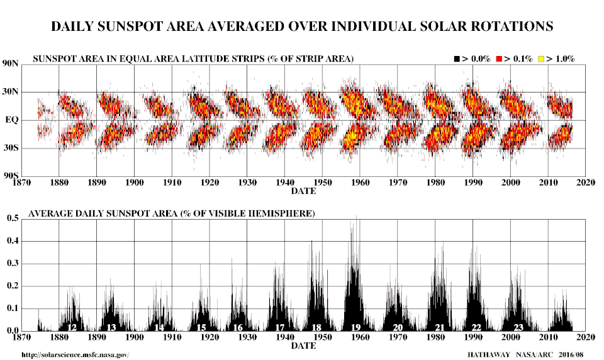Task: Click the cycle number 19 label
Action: tap(355, 327)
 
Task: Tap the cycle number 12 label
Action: tap(72, 327)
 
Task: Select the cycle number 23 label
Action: tap(518, 327)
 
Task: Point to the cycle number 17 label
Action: tap(280, 327)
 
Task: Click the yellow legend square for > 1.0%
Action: tap(540, 59)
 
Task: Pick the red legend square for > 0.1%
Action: tap(499, 59)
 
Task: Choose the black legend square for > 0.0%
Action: tap(457, 59)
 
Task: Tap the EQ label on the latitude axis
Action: tap(13, 120)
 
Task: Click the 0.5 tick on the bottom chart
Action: tap(13, 218)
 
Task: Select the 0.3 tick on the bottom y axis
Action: tap(13, 264)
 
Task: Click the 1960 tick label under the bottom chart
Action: tap(359, 338)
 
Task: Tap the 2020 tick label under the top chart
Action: tap(586, 183)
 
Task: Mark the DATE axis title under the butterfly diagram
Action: tap(303, 190)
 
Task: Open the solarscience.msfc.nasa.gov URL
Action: tap(75, 355)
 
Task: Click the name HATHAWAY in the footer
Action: tap(489, 355)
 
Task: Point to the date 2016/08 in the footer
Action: tap(570, 355)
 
